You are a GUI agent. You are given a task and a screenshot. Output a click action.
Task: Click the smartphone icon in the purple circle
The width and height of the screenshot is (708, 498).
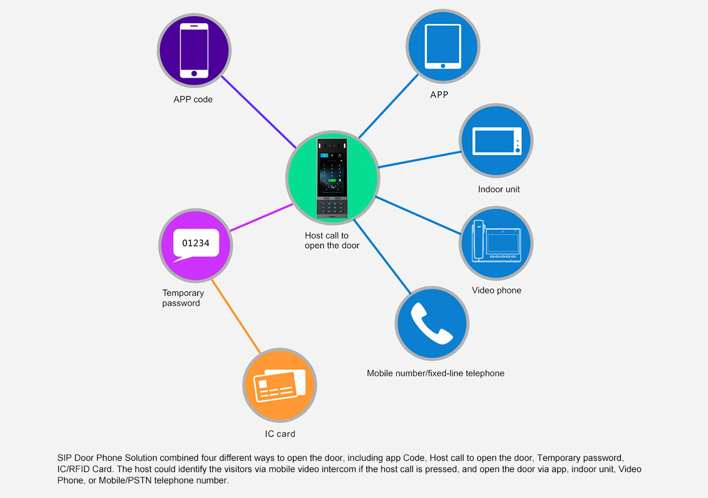point(194,50)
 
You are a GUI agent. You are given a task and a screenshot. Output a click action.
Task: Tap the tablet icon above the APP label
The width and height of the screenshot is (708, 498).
point(443,46)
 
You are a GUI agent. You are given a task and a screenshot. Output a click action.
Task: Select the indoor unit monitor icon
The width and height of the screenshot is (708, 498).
point(497,141)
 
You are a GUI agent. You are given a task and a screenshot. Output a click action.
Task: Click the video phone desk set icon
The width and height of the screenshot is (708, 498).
point(497,243)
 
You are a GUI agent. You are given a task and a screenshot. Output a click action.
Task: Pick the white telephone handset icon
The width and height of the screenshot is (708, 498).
point(432,323)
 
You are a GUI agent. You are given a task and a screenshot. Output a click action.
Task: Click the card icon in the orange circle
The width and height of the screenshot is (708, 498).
point(280,385)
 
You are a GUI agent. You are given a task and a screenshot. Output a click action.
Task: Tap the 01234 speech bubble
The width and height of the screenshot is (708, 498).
point(196,244)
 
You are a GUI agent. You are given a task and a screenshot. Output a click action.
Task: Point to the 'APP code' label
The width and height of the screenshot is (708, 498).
point(193,100)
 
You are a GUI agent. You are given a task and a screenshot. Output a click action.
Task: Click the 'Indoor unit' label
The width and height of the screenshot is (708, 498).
point(498,189)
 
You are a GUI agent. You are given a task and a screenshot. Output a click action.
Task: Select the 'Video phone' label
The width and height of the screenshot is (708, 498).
point(496,290)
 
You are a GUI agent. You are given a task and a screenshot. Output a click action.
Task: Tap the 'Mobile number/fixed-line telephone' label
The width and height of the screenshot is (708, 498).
point(435,373)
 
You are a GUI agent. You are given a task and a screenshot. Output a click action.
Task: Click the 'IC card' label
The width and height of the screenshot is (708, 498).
point(280,434)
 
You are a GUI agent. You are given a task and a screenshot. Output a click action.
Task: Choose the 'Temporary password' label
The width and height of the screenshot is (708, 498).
point(183,298)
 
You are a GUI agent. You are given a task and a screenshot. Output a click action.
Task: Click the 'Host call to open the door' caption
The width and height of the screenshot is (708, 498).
point(332,240)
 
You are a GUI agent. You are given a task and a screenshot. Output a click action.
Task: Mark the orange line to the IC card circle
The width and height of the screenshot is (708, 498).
point(236,316)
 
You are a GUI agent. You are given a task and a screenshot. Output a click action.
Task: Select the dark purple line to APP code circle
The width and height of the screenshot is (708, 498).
point(258,111)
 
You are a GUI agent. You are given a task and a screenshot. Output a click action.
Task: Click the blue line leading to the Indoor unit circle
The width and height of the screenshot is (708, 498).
point(419,159)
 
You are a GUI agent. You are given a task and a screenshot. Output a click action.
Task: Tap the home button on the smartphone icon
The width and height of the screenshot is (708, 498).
point(194,73)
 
